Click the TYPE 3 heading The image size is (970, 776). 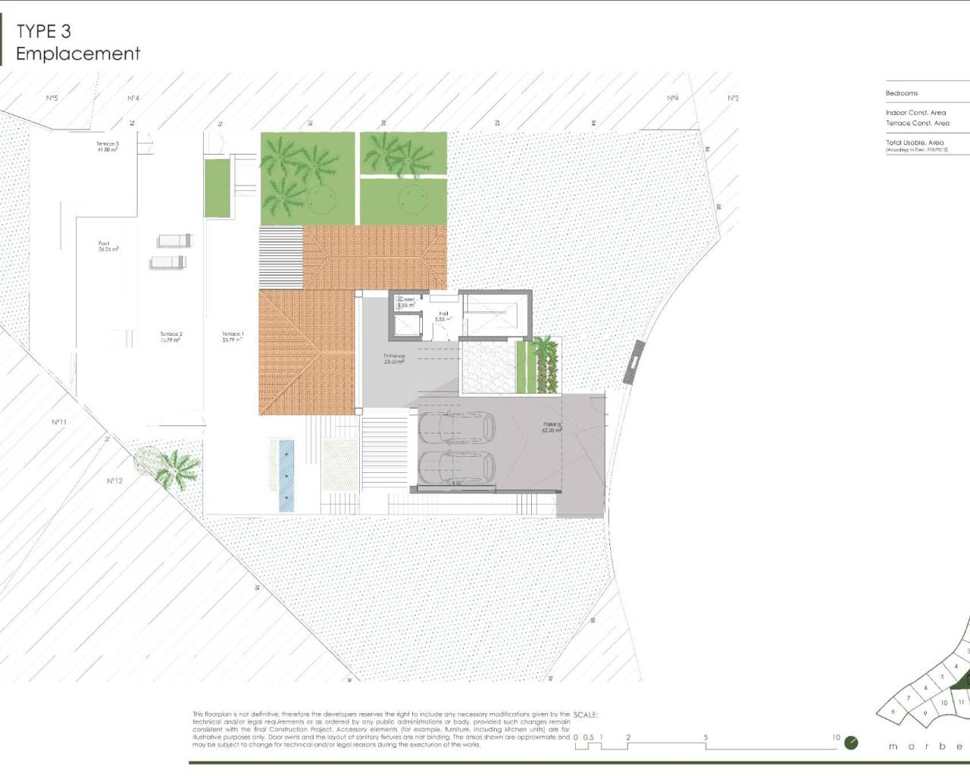(x=48, y=31)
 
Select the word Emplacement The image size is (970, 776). (x=78, y=54)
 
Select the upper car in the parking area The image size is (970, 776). (x=456, y=429)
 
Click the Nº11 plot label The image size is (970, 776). (x=60, y=422)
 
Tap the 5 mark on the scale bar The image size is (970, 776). (x=706, y=737)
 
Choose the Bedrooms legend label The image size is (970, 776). (x=902, y=93)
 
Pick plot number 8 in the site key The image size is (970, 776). (x=894, y=712)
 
